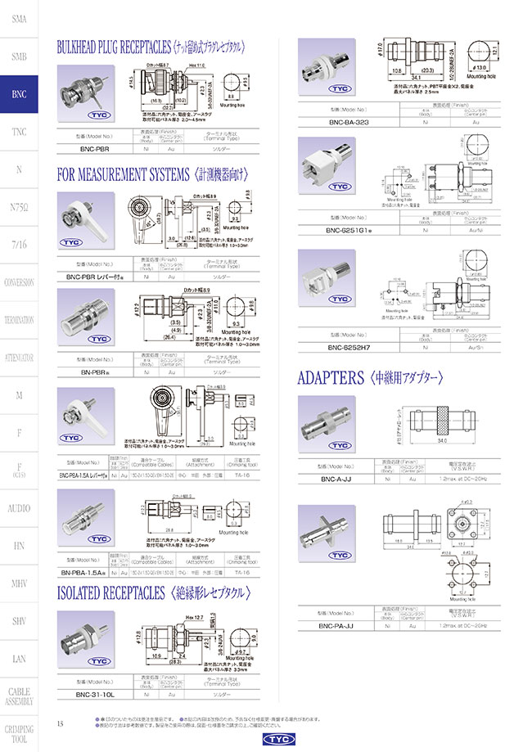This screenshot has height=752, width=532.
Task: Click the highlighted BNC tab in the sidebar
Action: [18, 95]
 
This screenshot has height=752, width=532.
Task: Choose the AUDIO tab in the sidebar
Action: [18, 508]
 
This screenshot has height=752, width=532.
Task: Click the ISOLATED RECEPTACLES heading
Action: [110, 592]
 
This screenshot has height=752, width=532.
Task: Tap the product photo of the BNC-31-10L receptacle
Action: [86, 643]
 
